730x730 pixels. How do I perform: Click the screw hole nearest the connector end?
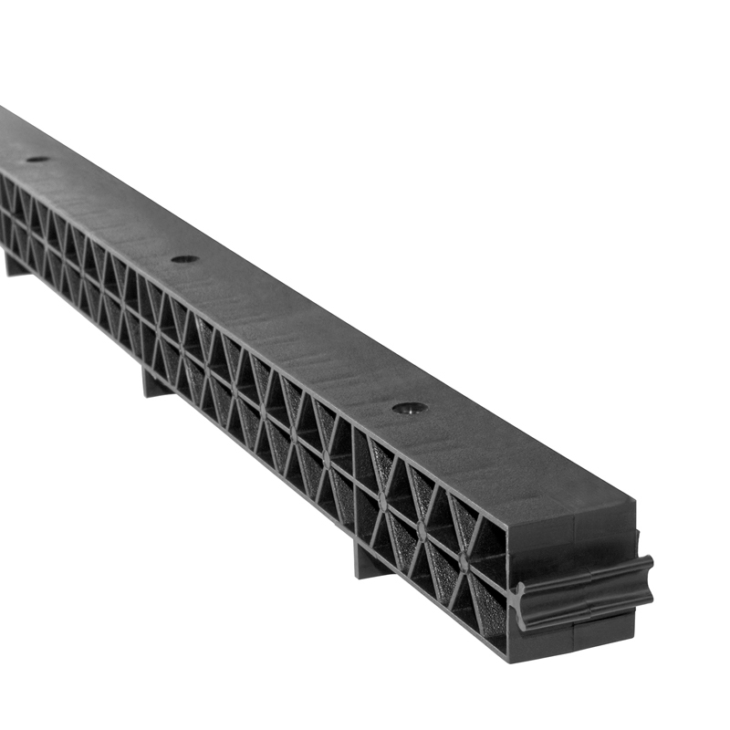[x=410, y=408]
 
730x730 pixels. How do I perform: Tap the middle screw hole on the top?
[x=184, y=259]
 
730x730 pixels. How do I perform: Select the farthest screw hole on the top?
[x=37, y=159]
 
